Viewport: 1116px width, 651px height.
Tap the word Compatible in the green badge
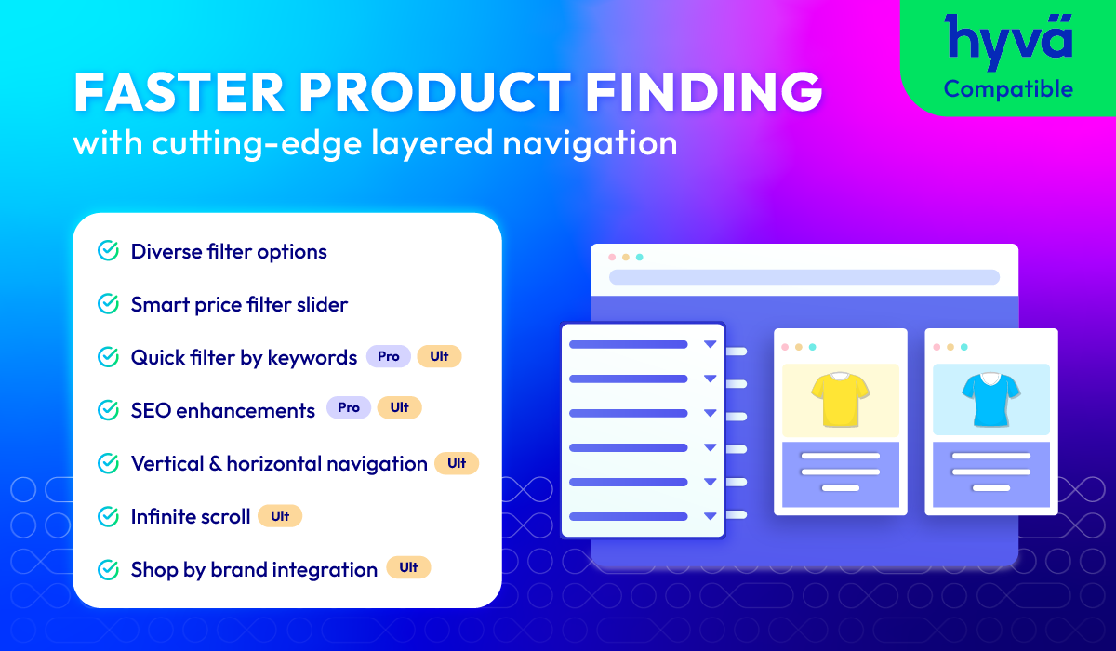(1008, 89)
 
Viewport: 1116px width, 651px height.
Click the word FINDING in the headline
(703, 92)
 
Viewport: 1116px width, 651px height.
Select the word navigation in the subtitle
(590, 144)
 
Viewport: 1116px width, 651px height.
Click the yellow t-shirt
(841, 400)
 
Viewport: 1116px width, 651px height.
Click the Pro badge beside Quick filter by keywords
(389, 356)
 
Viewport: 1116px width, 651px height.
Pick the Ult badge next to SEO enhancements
(400, 407)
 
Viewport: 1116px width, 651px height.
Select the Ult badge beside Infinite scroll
(280, 516)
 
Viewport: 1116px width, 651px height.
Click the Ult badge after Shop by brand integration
(408, 567)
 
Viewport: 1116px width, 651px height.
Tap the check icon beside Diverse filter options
(108, 250)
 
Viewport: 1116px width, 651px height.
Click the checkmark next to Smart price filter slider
(108, 304)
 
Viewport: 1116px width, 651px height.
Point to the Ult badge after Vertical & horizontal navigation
(457, 463)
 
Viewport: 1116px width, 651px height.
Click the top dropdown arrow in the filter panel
(710, 344)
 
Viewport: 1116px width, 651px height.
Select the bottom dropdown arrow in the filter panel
(710, 516)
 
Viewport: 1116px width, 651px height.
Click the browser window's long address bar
(804, 277)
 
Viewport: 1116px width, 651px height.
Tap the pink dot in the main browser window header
(612, 257)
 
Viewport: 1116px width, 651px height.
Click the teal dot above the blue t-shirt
(964, 347)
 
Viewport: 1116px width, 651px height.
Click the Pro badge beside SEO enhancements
(349, 407)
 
